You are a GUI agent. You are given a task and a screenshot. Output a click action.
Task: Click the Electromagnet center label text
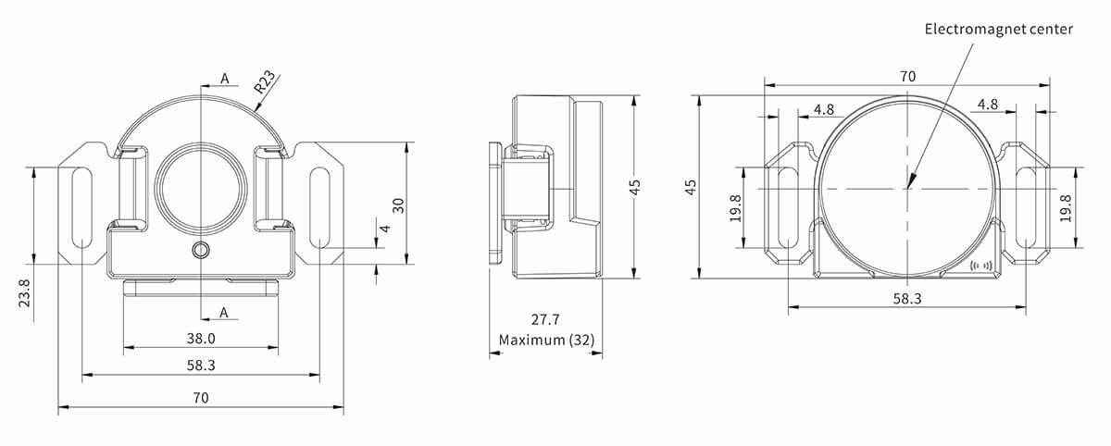998,30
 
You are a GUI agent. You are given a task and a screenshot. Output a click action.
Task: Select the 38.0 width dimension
201,338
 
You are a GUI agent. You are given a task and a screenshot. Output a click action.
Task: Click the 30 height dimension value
398,204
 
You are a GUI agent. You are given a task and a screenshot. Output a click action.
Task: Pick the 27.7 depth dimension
545,320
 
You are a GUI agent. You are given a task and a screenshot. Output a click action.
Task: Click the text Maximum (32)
545,340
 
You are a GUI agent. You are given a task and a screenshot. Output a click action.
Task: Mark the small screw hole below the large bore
201,251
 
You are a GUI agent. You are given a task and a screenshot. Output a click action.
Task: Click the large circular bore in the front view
201,186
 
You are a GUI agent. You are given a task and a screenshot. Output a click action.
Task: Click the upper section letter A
224,80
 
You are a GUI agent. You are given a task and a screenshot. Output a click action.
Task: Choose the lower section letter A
224,312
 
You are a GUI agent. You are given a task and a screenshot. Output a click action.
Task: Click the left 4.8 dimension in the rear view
823,109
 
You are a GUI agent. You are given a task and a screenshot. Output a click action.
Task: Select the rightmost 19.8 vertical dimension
1065,207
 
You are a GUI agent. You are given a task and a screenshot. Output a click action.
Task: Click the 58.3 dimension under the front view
201,365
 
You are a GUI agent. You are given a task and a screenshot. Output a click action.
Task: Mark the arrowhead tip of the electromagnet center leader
909,189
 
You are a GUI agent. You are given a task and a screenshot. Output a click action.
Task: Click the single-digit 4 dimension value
382,228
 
